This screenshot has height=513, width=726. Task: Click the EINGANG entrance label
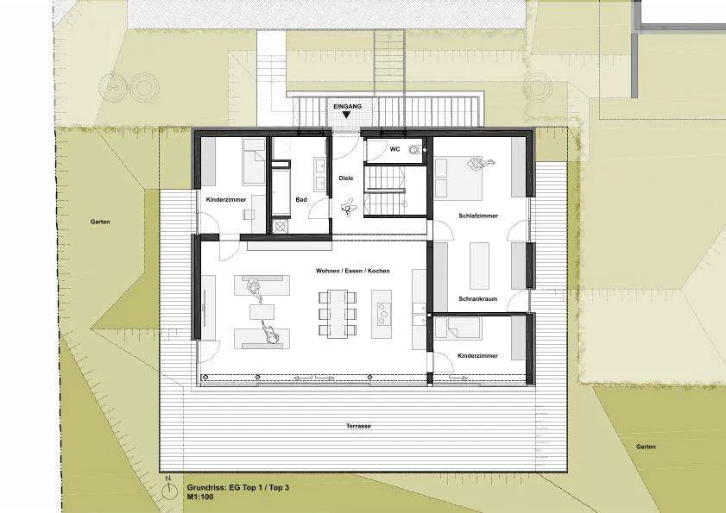coord(347,106)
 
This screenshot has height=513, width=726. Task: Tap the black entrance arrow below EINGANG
coord(346,116)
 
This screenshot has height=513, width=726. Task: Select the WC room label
coord(395,149)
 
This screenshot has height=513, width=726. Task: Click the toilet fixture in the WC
coord(414,149)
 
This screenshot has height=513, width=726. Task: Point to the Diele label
coord(346,178)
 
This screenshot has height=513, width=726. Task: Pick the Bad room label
coord(301,199)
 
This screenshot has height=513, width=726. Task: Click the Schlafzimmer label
coord(478,216)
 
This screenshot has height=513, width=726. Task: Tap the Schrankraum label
coord(478,299)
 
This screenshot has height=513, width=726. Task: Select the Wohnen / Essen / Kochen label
coord(353,271)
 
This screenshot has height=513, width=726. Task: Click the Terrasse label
coord(358,426)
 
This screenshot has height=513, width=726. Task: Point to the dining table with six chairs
coord(338,314)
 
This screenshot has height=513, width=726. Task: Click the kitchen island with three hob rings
coord(382,314)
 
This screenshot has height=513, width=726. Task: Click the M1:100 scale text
coord(200,497)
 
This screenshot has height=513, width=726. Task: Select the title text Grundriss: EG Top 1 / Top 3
coord(238,487)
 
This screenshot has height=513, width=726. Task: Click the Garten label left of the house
coord(100,222)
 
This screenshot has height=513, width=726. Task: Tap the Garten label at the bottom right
coord(646,447)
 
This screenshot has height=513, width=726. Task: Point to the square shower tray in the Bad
coord(281,226)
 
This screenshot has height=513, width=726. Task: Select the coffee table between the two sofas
coord(262,311)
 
